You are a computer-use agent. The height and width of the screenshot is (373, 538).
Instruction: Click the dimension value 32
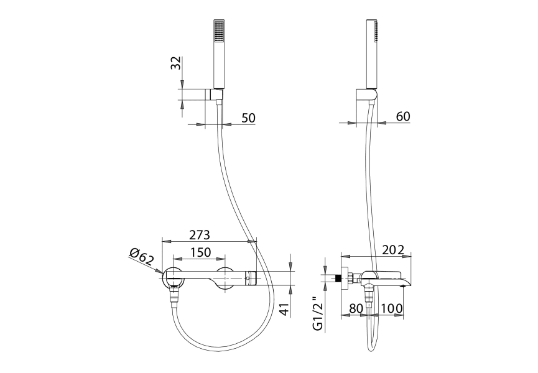point(175,63)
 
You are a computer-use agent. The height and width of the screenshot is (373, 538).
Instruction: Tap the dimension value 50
point(249,118)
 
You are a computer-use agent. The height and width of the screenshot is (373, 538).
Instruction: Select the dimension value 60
point(403,117)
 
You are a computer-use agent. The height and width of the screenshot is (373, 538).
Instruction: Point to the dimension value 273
point(200,235)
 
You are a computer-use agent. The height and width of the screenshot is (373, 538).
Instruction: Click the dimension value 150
point(201,252)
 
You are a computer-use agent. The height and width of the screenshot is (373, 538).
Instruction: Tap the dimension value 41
point(284,310)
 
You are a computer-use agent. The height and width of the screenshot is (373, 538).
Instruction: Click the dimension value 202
point(394,250)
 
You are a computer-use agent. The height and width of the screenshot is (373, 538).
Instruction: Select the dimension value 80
point(356,308)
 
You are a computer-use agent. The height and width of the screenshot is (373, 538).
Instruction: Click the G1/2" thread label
point(318,313)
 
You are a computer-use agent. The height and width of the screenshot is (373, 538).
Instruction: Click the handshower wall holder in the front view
point(215,94)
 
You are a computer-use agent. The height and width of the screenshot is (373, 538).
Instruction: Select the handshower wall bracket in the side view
point(367,94)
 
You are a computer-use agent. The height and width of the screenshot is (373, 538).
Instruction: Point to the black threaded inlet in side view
point(340,278)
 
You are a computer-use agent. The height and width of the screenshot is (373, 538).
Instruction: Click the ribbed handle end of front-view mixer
point(251,278)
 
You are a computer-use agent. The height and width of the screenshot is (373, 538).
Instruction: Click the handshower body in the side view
point(372,54)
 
